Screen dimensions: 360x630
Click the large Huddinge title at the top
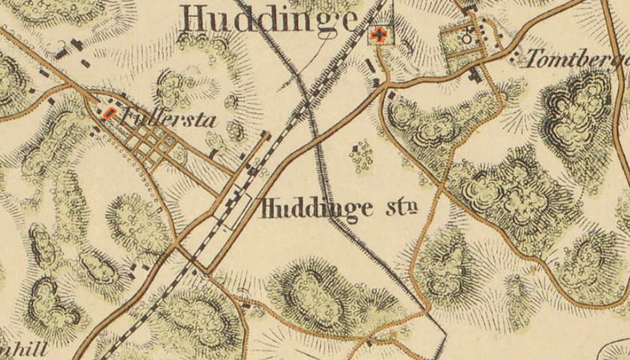click(269, 19)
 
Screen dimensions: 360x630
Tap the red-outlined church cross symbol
click(379, 35)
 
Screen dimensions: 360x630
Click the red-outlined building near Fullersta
click(110, 113)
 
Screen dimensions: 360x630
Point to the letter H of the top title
click(195, 20)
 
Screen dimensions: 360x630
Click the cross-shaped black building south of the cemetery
click(475, 75)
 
